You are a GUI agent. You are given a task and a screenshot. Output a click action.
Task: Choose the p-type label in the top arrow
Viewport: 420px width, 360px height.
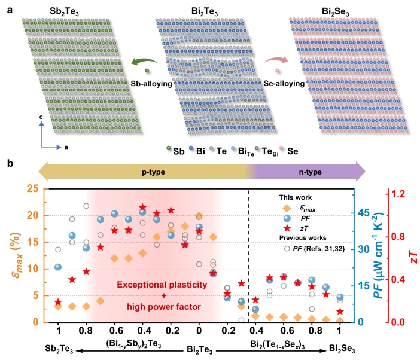click(153, 172)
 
